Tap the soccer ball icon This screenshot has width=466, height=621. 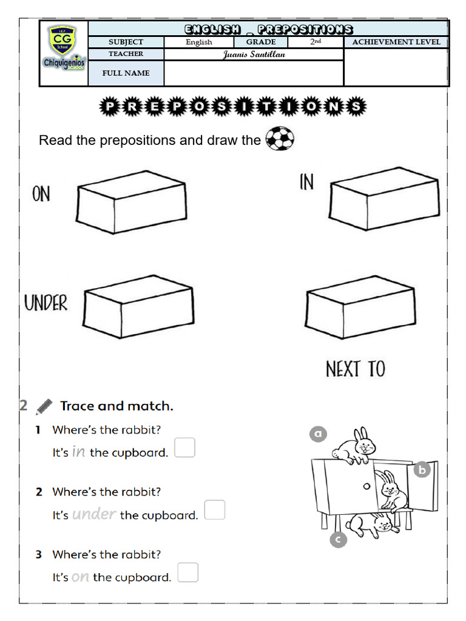280,139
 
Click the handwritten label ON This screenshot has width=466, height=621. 41,194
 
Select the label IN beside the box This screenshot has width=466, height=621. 307,181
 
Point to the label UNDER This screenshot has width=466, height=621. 46,303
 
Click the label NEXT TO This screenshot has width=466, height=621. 356,369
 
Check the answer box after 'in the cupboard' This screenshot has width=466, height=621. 185,448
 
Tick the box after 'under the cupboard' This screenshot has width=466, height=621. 214,510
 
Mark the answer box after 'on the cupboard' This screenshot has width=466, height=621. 188,572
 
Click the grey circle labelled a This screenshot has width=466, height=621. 318,434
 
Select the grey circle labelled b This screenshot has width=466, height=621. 422,469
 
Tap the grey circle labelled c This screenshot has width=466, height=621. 338,539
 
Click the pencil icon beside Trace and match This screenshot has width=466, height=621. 44,406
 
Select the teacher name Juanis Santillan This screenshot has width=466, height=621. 254,55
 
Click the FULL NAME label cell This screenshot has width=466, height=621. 126,73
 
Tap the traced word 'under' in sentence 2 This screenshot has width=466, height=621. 93,514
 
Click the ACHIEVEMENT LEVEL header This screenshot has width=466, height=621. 396,42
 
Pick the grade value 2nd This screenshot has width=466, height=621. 316,42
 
